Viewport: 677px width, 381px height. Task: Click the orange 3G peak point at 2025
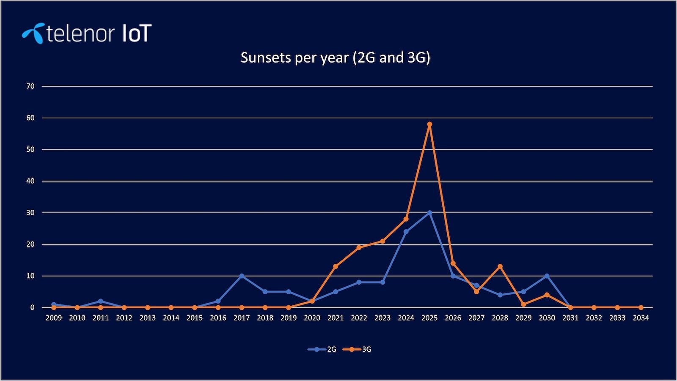tap(429, 124)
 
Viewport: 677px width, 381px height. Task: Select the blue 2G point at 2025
tap(429, 213)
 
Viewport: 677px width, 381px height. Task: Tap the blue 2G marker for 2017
tap(242, 276)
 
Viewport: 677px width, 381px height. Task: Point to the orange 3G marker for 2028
tap(500, 266)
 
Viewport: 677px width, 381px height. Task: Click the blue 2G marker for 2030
tap(547, 276)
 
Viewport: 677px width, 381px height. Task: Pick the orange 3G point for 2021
tap(336, 266)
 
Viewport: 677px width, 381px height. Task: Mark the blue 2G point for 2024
tap(406, 232)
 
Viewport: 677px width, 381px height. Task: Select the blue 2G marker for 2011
tap(101, 301)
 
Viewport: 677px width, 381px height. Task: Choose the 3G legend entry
tap(358, 349)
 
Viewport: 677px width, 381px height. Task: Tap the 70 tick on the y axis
tap(30, 86)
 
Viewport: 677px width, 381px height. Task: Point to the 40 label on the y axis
tap(30, 181)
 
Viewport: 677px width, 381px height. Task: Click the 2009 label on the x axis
tap(54, 318)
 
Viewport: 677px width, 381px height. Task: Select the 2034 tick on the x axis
tap(641, 318)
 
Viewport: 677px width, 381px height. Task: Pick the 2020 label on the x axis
tap(312, 318)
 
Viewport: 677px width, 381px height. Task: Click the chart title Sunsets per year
tap(335, 58)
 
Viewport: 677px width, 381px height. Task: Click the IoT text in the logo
tap(136, 34)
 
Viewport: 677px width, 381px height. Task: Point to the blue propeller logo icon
tap(33, 33)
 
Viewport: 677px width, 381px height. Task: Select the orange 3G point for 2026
tap(453, 263)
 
